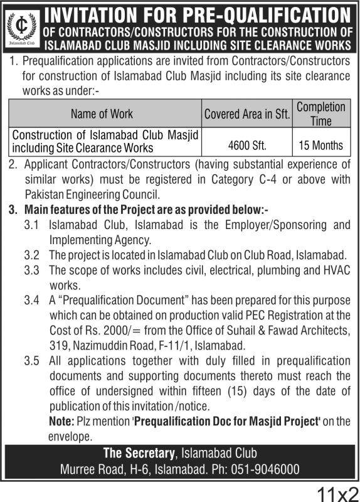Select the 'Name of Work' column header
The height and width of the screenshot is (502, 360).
[x=103, y=114]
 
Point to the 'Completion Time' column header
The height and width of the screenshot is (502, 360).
[x=320, y=113]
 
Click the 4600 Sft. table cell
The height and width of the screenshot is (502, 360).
[x=247, y=146]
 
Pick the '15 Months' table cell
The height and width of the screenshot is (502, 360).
[x=320, y=145]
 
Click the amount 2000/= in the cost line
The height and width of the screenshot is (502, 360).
[x=101, y=330]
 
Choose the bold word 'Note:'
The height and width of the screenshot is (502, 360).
[x=61, y=421]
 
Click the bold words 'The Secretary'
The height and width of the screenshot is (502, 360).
[x=139, y=454]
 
